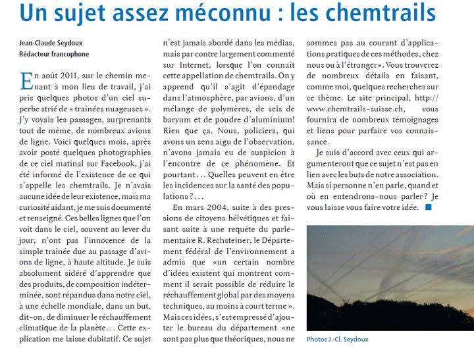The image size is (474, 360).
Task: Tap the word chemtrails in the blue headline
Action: click(378, 12)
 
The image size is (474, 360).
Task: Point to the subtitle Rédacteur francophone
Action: click(53, 54)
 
